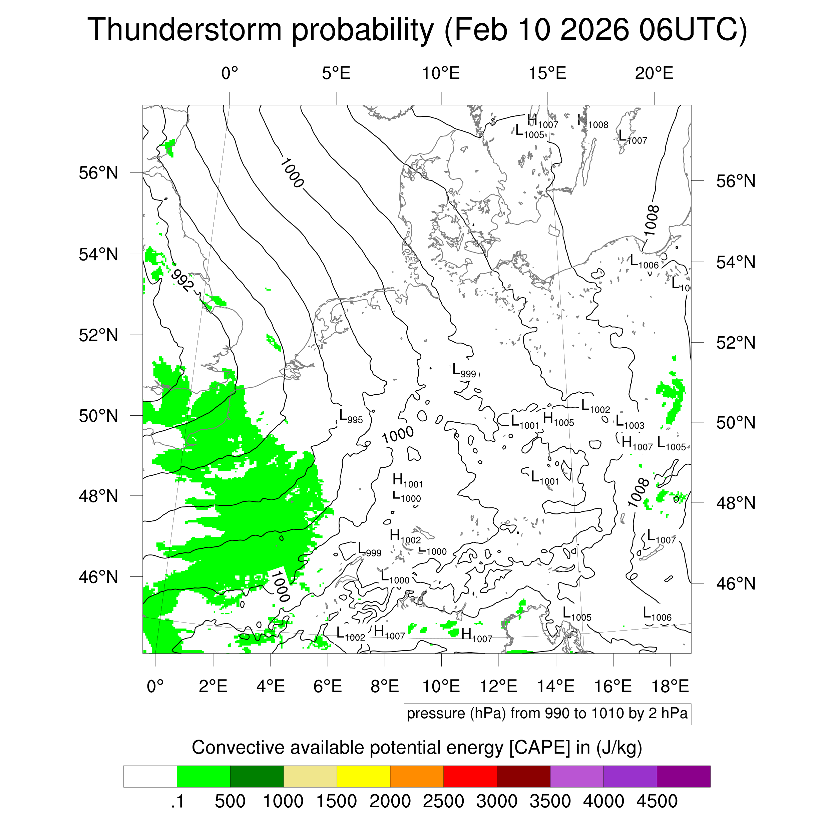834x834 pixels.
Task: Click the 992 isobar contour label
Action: (182, 280)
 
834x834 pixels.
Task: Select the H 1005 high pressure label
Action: (558, 419)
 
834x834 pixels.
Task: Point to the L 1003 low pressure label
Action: (630, 422)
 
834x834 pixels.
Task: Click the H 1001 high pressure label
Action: (407, 480)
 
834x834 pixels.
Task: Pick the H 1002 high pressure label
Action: (404, 536)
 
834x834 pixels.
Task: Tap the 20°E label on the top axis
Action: (654, 73)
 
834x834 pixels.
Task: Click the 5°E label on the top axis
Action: (336, 73)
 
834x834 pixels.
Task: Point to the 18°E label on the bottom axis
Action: (670, 686)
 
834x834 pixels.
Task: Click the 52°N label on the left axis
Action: (98, 335)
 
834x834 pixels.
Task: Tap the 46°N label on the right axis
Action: (736, 583)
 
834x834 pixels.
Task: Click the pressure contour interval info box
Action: (547, 714)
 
